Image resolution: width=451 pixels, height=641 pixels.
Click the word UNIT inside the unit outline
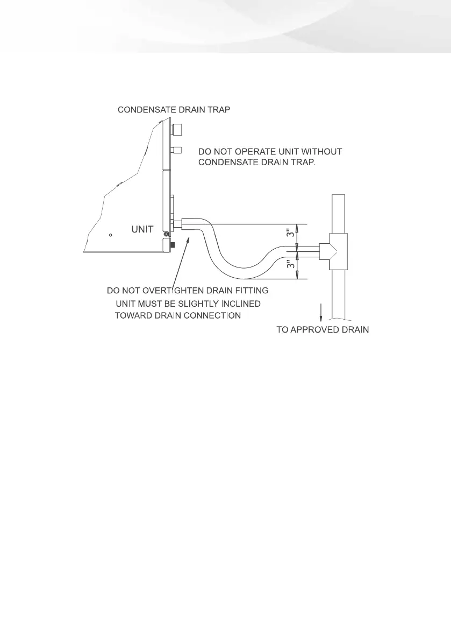click(142, 229)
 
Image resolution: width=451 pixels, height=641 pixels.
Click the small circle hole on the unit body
click(110, 235)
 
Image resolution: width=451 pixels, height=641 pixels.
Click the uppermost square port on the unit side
click(178, 129)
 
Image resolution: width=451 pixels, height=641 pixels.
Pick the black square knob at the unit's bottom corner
click(173, 245)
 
